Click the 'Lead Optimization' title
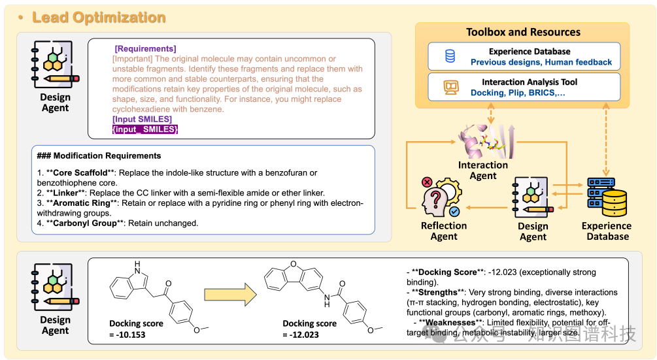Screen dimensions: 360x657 point(99,17)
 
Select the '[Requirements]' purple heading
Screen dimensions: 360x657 point(145,48)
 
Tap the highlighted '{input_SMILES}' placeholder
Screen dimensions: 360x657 point(145,129)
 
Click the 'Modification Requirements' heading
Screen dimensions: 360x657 point(107,155)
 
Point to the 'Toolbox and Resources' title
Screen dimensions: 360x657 point(523,32)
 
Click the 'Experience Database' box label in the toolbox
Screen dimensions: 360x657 point(530,52)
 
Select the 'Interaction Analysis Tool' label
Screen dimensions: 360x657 point(530,82)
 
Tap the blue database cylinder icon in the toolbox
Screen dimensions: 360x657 point(450,57)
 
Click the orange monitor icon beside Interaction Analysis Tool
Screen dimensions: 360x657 point(450,88)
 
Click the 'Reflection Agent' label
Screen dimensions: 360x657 point(444,231)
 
